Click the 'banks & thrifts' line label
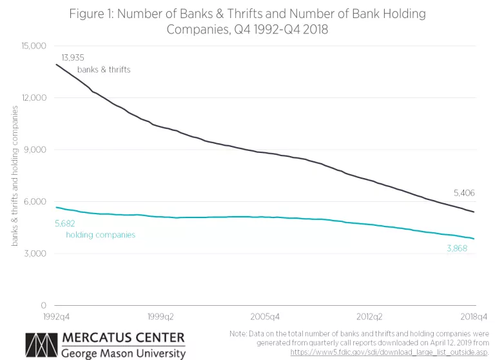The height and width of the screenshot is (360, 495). pos(104,70)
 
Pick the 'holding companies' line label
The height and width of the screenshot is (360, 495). pos(101,235)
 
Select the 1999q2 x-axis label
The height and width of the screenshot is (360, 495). pos(161,317)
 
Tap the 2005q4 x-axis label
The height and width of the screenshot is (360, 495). pos(266,317)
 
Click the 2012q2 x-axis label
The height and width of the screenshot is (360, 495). pos(370,317)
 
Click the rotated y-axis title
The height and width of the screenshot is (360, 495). pos(14,175)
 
